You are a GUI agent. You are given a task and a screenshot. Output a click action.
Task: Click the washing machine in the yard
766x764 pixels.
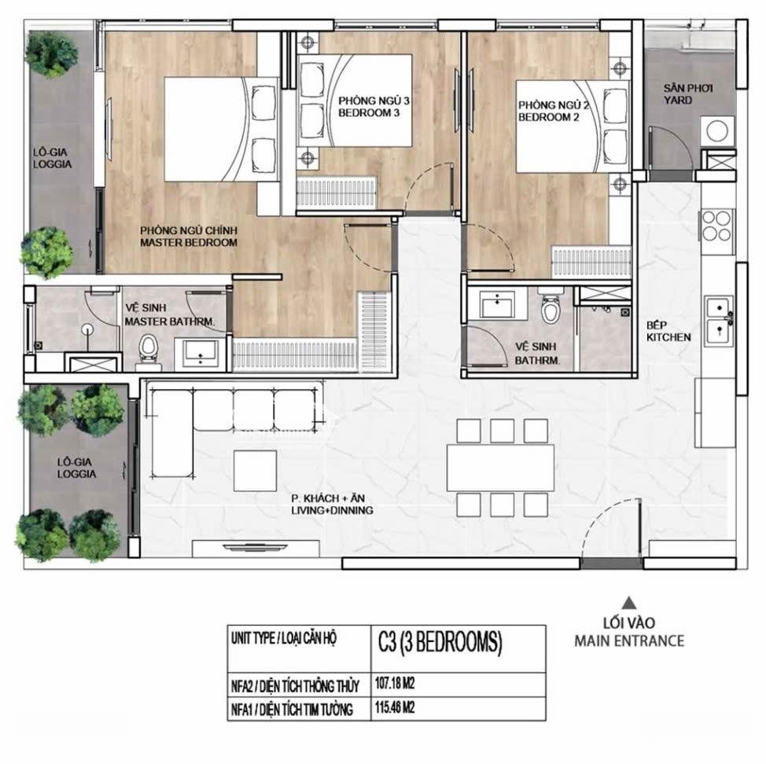[x=717, y=130]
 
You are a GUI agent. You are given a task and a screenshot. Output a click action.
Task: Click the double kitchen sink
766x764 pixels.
[x=719, y=321]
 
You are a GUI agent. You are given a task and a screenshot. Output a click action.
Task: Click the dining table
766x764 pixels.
[x=500, y=467]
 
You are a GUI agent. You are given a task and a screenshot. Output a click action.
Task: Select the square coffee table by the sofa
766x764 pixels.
[x=255, y=471]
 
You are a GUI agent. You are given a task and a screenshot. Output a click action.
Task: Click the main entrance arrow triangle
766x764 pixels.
[x=630, y=602]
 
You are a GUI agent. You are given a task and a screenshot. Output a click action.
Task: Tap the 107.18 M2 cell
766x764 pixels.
[x=458, y=684]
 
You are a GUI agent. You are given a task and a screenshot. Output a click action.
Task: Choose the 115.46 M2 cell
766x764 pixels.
[x=458, y=708]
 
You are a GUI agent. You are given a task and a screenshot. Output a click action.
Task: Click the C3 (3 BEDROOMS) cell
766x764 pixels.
[x=458, y=648]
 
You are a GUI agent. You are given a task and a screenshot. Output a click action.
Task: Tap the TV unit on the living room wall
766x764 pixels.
[x=256, y=549]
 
